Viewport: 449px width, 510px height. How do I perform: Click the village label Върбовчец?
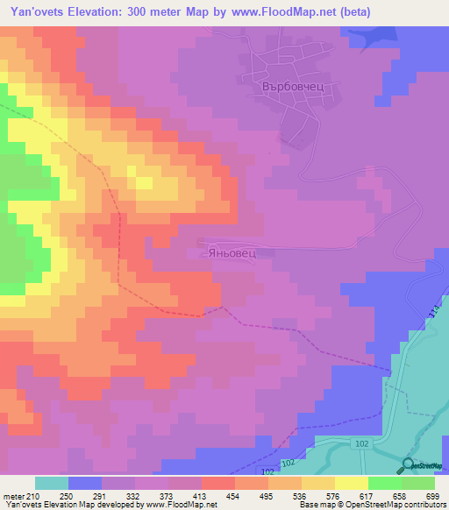293,88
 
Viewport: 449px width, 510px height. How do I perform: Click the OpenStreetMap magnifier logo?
410,465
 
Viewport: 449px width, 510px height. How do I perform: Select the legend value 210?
32,495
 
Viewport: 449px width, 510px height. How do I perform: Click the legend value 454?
234,495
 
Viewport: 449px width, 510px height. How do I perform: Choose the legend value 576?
335,495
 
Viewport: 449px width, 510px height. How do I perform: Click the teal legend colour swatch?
52,484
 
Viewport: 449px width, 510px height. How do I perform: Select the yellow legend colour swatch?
351,484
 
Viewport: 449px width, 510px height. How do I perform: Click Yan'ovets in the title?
32,12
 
